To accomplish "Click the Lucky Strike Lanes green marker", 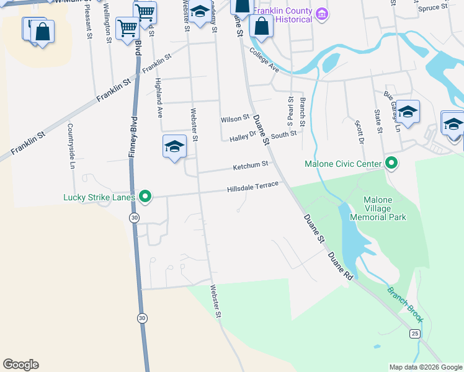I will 145,197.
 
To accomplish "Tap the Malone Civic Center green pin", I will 391,164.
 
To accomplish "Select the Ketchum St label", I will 250,166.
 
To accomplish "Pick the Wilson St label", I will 234,118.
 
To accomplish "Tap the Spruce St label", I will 432,8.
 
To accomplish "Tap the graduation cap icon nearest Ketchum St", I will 174,147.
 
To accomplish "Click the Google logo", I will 20,365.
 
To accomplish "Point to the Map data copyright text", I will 426,367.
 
